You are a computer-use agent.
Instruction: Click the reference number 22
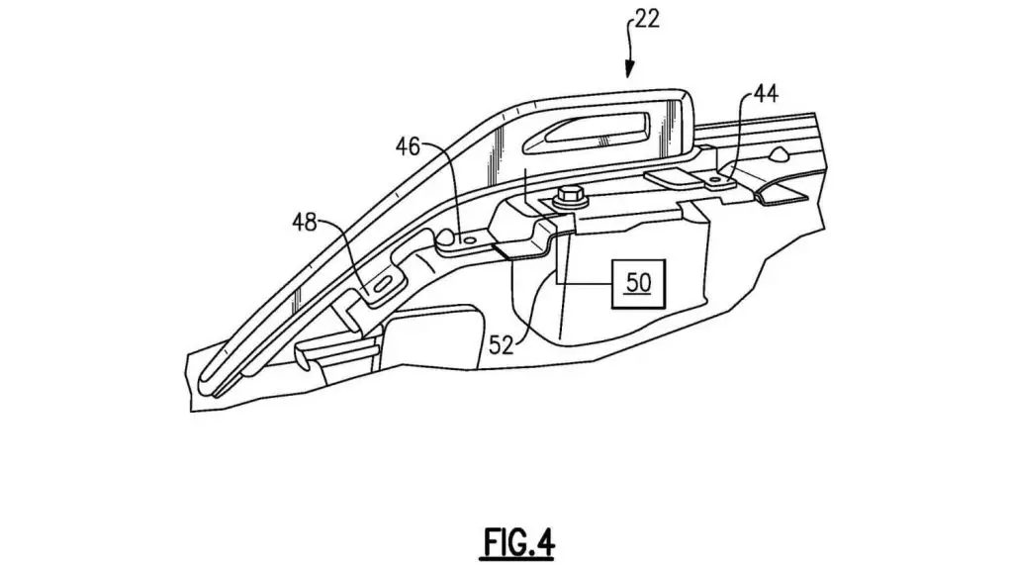pyautogui.click(x=647, y=19)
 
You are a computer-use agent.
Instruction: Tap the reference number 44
pyautogui.click(x=766, y=94)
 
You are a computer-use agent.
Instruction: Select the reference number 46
pyautogui.click(x=408, y=146)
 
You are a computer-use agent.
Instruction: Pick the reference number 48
pyautogui.click(x=305, y=223)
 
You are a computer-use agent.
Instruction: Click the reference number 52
pyautogui.click(x=501, y=345)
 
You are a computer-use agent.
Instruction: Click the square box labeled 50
pyautogui.click(x=638, y=283)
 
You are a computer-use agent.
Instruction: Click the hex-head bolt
pyautogui.click(x=569, y=197)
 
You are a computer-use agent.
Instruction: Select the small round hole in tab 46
pyautogui.click(x=470, y=240)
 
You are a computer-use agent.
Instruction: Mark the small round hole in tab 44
pyautogui.click(x=715, y=178)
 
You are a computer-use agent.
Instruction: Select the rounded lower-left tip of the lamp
pyautogui.click(x=210, y=379)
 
